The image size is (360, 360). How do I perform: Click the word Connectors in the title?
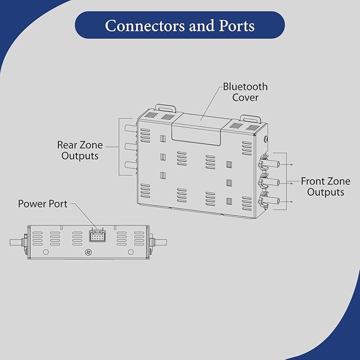(145, 25)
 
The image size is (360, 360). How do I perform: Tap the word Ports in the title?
(236, 25)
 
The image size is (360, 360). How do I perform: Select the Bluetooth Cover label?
(245, 92)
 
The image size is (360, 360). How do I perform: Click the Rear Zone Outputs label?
(80, 151)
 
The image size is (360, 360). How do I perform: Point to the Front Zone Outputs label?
(326, 187)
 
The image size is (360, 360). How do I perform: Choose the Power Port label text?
(43, 204)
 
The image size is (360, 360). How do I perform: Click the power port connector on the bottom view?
(98, 236)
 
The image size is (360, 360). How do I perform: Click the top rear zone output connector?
(130, 128)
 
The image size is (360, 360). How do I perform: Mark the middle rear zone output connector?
(130, 146)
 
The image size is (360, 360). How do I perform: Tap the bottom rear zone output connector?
(130, 165)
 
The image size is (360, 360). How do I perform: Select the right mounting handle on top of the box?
(251, 118)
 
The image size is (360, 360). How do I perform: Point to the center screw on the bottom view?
(88, 252)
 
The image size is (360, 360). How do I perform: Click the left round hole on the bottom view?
(46, 252)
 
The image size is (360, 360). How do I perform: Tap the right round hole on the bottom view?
(130, 252)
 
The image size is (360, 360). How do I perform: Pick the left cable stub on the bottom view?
(16, 242)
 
